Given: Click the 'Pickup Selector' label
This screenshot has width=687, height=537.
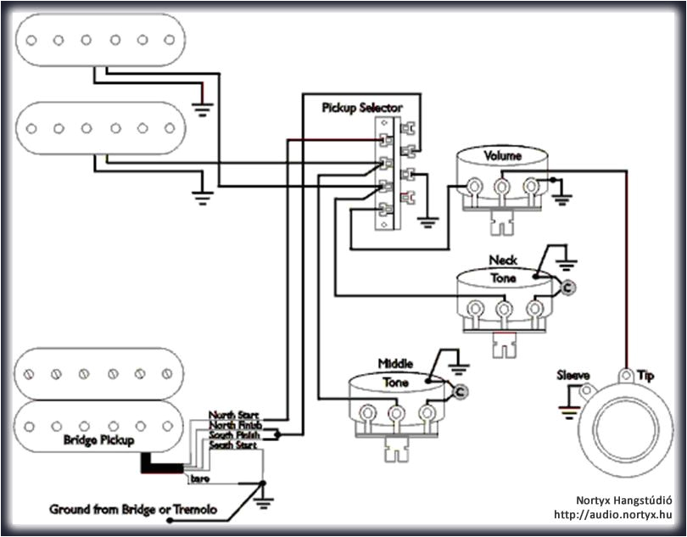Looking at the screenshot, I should [361, 108].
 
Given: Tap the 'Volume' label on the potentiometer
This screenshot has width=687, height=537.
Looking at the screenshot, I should [502, 156].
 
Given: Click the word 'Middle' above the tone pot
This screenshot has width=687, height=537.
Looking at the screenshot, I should [396, 364].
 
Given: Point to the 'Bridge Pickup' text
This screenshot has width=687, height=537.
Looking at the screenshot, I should [98, 440].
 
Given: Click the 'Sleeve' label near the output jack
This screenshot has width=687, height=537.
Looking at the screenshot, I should [574, 375].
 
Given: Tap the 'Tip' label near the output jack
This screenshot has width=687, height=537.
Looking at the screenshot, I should [646, 375].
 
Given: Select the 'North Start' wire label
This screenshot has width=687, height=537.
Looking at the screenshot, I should [234, 415].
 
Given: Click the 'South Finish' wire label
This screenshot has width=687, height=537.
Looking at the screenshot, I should [235, 434].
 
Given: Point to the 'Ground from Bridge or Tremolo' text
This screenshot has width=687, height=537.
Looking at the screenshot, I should [133, 510].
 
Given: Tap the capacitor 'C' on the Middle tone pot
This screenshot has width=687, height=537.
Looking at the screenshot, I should [460, 391].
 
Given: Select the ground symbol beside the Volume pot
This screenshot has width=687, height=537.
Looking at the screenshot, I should [561, 199].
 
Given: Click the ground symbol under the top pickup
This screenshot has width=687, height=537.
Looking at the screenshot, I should [202, 107].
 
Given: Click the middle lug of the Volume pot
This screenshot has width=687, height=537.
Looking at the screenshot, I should [502, 186].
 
